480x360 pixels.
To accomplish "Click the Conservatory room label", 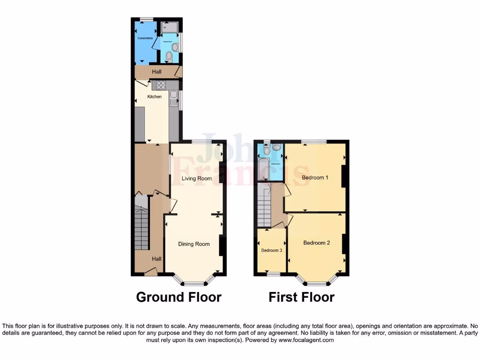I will click(x=145, y=38).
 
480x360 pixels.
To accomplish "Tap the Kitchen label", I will click(x=155, y=97).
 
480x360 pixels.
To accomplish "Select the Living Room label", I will click(x=197, y=179).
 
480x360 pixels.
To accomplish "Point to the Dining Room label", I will click(x=194, y=244).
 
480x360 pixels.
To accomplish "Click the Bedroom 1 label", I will click(x=315, y=178).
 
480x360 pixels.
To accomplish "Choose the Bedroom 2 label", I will click(x=316, y=243).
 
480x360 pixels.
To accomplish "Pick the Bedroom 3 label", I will click(x=271, y=250).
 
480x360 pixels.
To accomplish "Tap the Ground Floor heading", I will click(x=179, y=297).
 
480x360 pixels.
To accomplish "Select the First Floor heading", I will click(x=301, y=297).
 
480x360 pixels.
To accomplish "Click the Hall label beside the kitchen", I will click(x=156, y=72).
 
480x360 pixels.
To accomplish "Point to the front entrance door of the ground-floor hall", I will click(x=150, y=272).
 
